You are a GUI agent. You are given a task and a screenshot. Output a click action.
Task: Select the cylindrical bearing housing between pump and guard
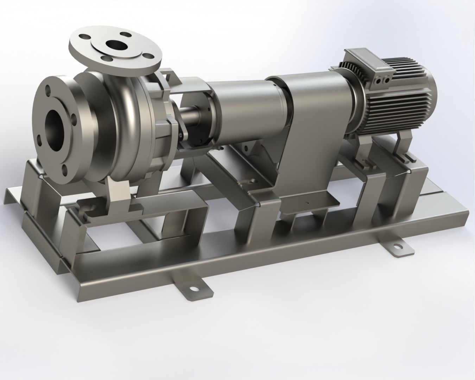tap(239, 106)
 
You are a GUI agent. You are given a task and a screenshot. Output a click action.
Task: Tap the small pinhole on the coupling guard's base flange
tap(307, 203)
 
